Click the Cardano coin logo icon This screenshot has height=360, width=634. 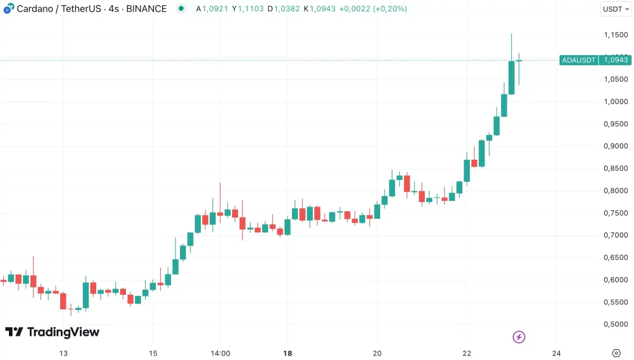tap(8, 8)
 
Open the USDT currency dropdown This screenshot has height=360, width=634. tap(616, 9)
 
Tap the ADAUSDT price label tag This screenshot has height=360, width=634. tap(578, 60)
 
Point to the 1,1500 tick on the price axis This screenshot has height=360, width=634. tap(615, 35)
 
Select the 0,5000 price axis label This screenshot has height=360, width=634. tap(615, 325)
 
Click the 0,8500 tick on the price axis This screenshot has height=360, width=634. tap(615, 169)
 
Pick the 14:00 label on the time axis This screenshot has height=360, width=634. tap(220, 353)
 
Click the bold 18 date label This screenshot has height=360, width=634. tap(287, 353)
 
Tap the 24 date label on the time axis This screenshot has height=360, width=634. tap(556, 353)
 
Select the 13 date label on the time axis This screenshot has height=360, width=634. tap(64, 353)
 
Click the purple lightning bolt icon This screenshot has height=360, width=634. tap(519, 337)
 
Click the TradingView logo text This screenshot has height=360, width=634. tap(52, 332)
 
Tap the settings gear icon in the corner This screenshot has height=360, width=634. tap(616, 353)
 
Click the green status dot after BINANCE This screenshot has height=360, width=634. tap(181, 8)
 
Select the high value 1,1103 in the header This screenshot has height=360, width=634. tap(251, 9)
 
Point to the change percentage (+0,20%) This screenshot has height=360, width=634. tap(390, 9)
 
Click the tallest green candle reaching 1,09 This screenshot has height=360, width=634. tap(511, 77)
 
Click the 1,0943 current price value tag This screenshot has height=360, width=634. tap(615, 60)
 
